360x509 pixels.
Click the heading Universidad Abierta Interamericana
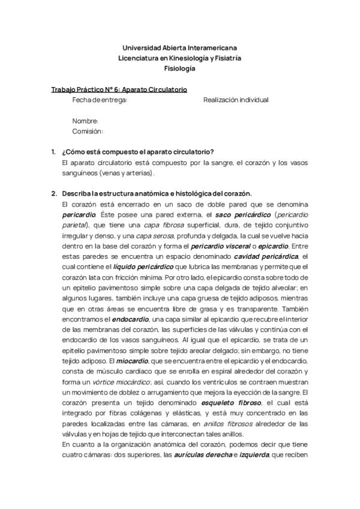pyautogui.click(x=179, y=47)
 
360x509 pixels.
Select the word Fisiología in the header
pyautogui.click(x=179, y=68)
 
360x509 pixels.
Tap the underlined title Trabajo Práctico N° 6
pyautogui.click(x=119, y=89)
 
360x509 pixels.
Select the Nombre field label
pyautogui.click(x=85, y=121)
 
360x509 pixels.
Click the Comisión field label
pyautogui.click(x=88, y=131)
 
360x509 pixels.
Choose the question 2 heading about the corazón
pyautogui.click(x=157, y=193)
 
